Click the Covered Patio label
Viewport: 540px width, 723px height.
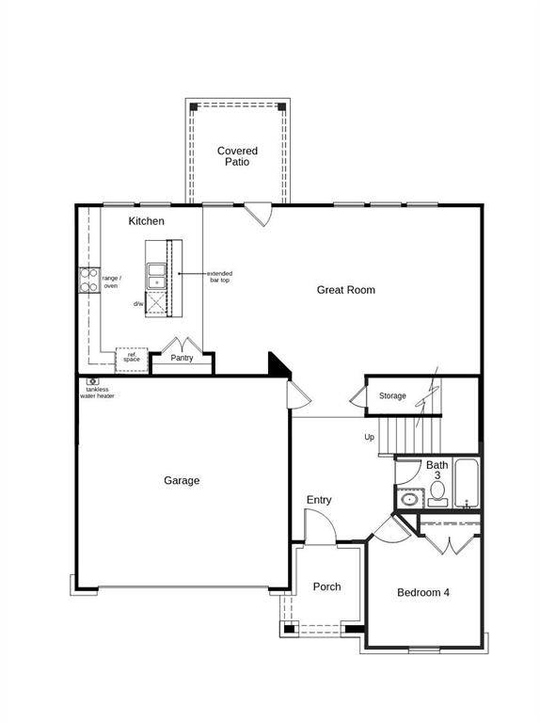tap(237, 156)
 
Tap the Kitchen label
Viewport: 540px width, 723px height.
tap(146, 221)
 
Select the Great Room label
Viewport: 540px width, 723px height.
tap(345, 290)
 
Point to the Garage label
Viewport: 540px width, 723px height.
tap(182, 481)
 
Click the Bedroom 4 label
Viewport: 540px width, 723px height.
tap(423, 592)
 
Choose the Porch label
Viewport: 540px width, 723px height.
tap(326, 586)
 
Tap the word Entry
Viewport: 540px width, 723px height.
tap(319, 500)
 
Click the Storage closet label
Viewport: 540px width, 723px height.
tap(392, 395)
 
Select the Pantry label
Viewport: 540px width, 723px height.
tap(182, 358)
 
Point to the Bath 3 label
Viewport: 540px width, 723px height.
tap(437, 471)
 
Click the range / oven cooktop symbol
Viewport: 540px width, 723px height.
tap(88, 280)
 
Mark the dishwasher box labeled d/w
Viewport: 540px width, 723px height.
tap(155, 303)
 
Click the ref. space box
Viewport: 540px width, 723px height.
tap(132, 358)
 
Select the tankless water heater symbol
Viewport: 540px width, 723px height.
tap(92, 381)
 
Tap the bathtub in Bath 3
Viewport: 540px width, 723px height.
tap(467, 483)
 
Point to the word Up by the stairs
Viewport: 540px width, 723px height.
tap(370, 437)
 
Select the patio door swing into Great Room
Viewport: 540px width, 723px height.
tap(259, 215)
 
